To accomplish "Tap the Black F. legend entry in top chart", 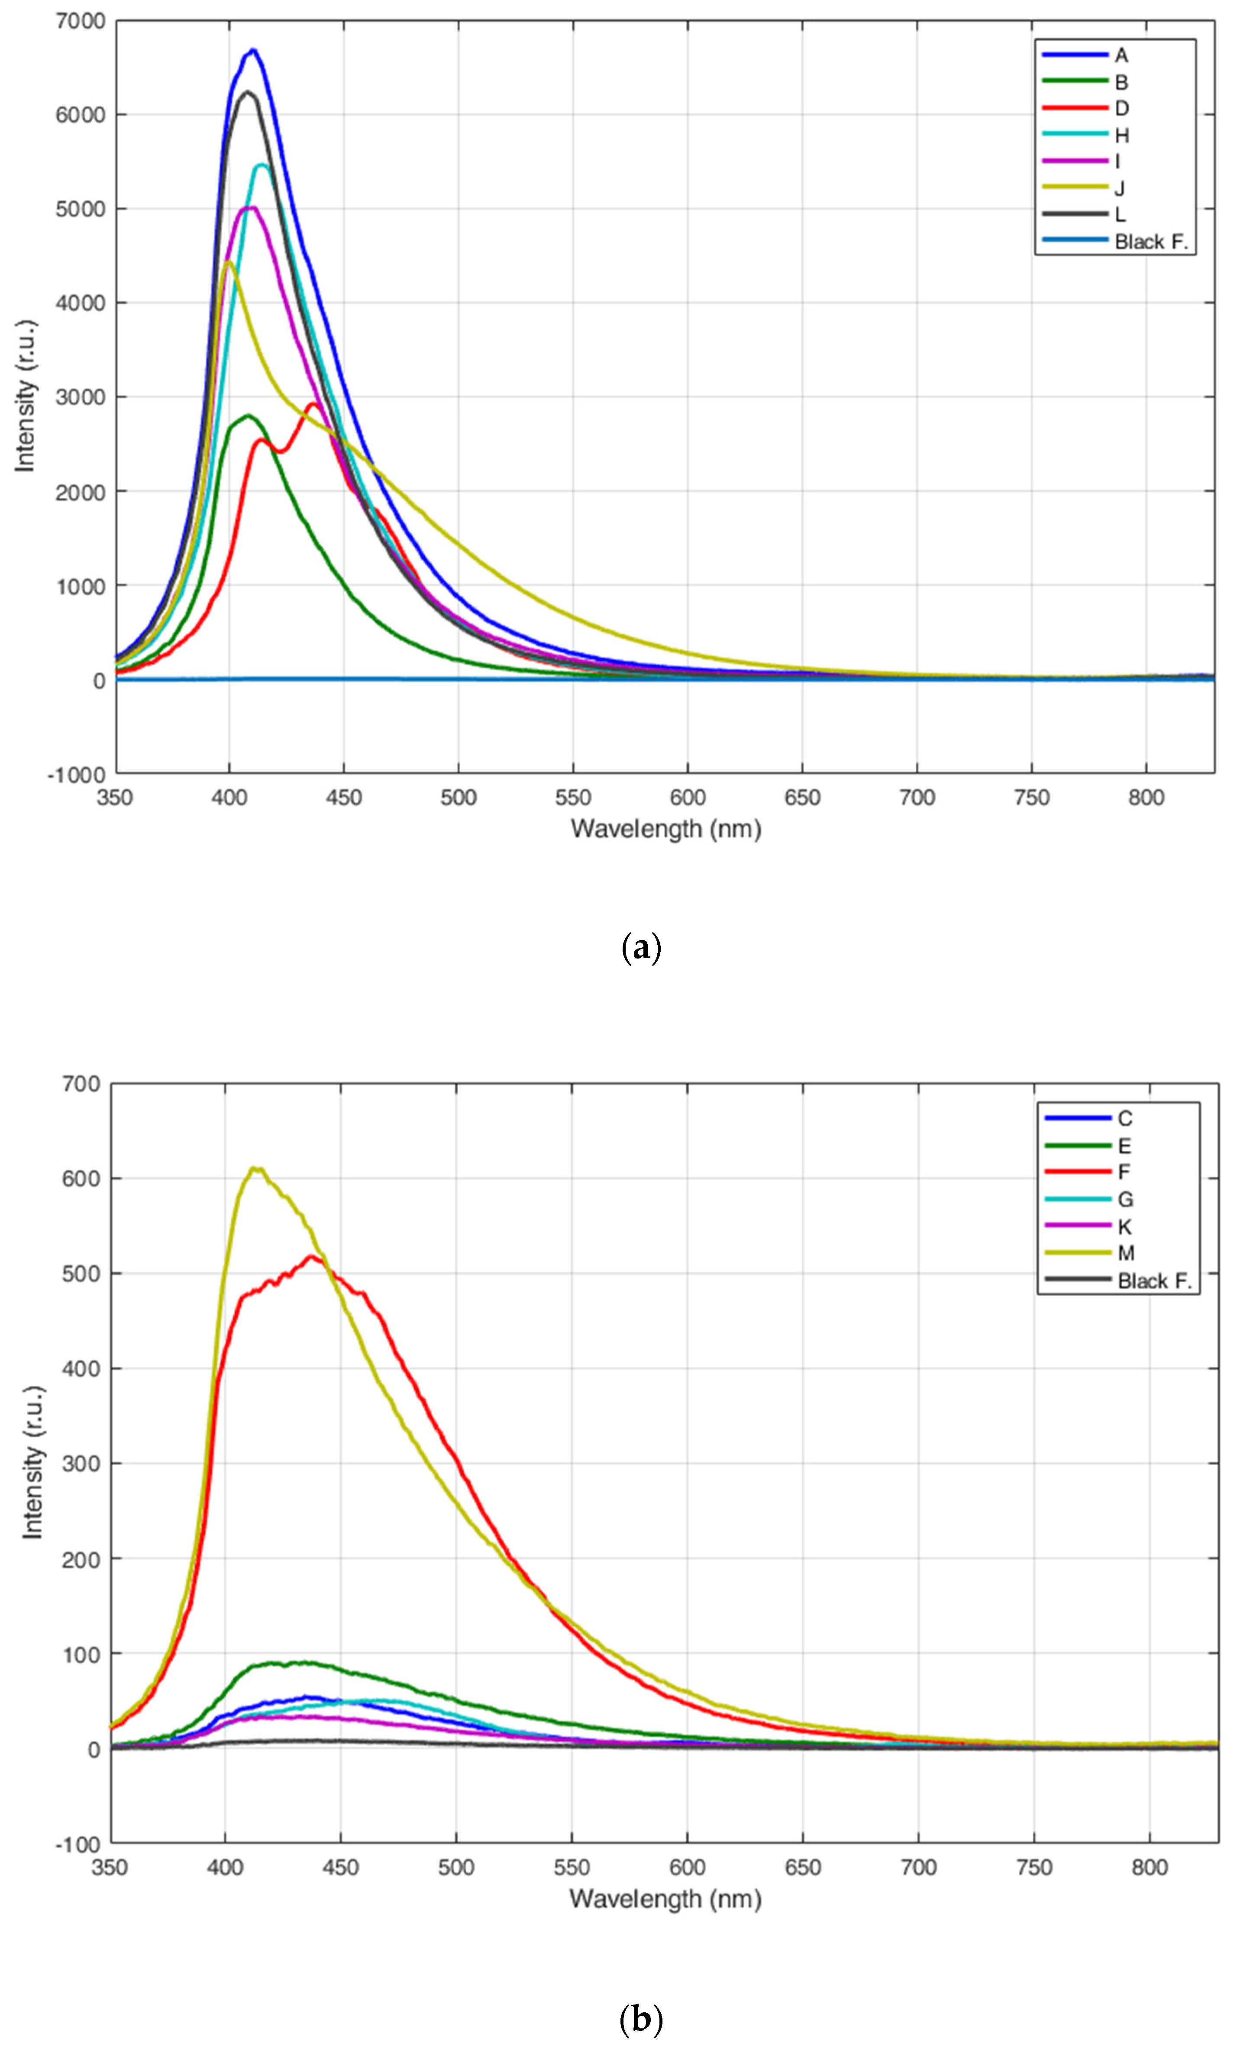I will pos(1151,242).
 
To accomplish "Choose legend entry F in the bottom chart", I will pos(1124,1172).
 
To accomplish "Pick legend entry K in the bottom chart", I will pos(1124,1227).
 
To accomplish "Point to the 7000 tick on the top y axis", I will pos(81,21).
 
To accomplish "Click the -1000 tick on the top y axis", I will pos(77,775).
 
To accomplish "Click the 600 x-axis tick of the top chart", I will pos(688,798).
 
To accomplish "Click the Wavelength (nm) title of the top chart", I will pos(665,829).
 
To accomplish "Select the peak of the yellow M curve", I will pos(256,1169).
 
